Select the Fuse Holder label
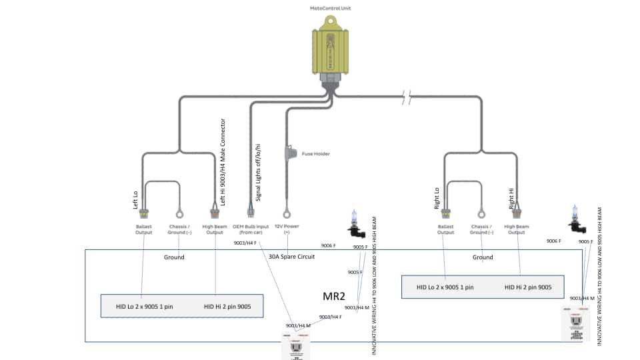click(316, 153)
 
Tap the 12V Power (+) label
click(287, 229)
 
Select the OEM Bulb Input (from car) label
click(250, 229)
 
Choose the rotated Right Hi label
click(511, 198)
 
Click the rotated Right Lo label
click(437, 198)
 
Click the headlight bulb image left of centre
click(355, 223)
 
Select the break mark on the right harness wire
click(407, 98)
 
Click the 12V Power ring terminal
click(287, 214)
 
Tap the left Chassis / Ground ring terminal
click(179, 214)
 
